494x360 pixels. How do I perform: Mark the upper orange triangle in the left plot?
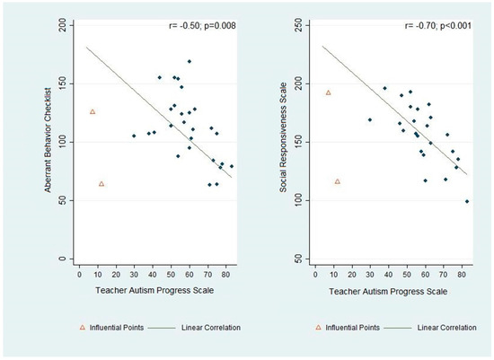[x=93, y=111]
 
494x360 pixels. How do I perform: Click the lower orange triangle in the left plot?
[x=101, y=183]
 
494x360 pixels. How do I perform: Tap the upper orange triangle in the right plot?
[x=329, y=92]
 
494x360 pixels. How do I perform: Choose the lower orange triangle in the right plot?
[x=338, y=181]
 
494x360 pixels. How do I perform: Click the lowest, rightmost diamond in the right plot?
[x=467, y=201]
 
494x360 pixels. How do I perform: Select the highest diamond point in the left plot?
[x=190, y=61]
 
